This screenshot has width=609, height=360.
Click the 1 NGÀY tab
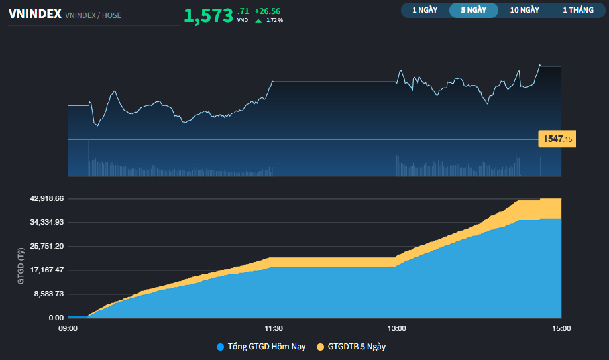[424, 10]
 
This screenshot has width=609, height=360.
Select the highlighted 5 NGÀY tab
[474, 10]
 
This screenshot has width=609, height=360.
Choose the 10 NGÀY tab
[524, 10]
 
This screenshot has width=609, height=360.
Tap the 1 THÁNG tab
[579, 10]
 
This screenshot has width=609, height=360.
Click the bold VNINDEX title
[34, 14]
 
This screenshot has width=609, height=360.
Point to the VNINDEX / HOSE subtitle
[93, 15]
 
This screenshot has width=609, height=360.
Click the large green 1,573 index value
[208, 16]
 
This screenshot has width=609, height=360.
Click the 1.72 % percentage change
[274, 21]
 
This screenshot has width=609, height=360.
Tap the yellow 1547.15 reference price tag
[557, 139]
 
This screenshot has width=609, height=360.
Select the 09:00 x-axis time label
[68, 328]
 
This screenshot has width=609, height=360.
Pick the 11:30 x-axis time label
[274, 328]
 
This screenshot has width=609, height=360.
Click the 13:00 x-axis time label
[397, 328]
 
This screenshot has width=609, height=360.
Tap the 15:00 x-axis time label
[561, 328]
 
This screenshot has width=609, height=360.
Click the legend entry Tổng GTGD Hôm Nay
[261, 347]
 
